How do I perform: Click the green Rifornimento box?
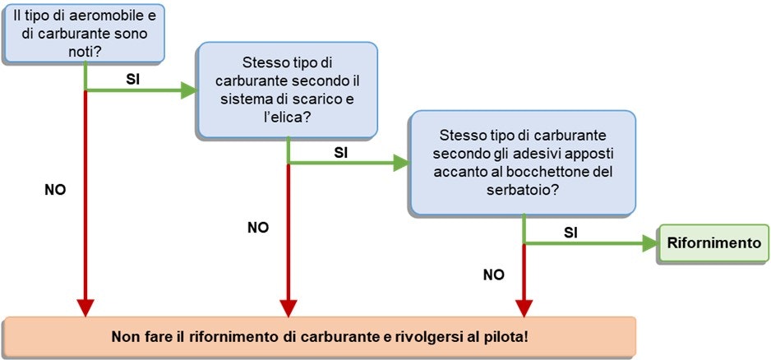click(x=713, y=243)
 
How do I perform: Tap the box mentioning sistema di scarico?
click(x=286, y=90)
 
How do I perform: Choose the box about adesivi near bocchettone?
click(x=523, y=161)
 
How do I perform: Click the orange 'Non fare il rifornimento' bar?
click(x=320, y=338)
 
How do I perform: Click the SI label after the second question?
click(x=342, y=152)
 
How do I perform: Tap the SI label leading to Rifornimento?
click(x=570, y=232)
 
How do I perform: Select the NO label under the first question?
click(x=54, y=189)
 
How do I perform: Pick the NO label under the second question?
click(x=258, y=227)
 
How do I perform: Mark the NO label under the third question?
click(x=494, y=275)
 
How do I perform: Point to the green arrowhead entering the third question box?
click(x=401, y=163)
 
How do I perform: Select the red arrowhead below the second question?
click(x=287, y=307)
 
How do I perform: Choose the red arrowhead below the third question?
click(x=524, y=307)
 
